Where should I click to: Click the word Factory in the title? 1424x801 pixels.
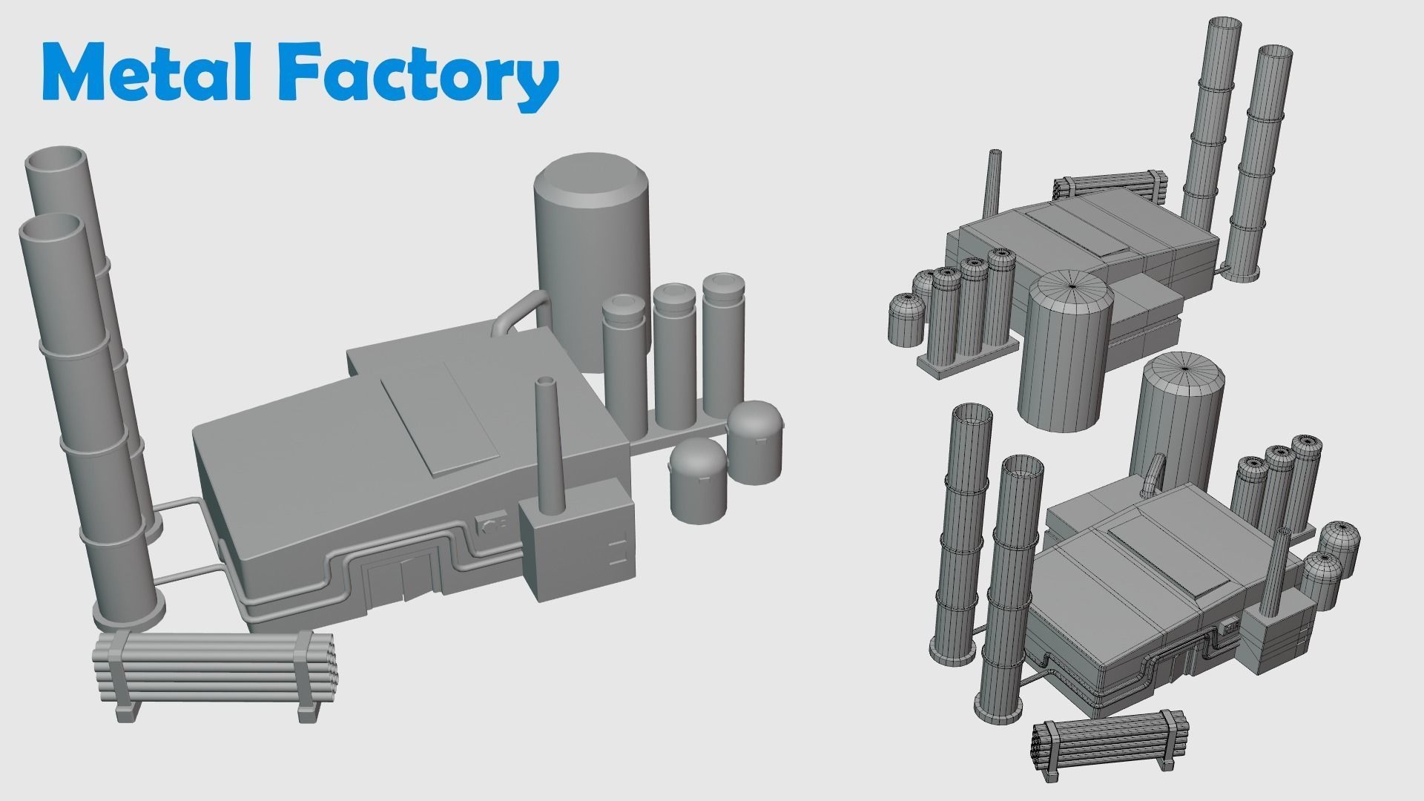tap(420, 74)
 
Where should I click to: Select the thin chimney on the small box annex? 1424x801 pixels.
tap(547, 445)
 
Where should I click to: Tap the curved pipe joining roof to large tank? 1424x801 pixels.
tap(519, 311)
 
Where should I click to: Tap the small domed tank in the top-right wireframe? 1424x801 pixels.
tap(906, 319)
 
